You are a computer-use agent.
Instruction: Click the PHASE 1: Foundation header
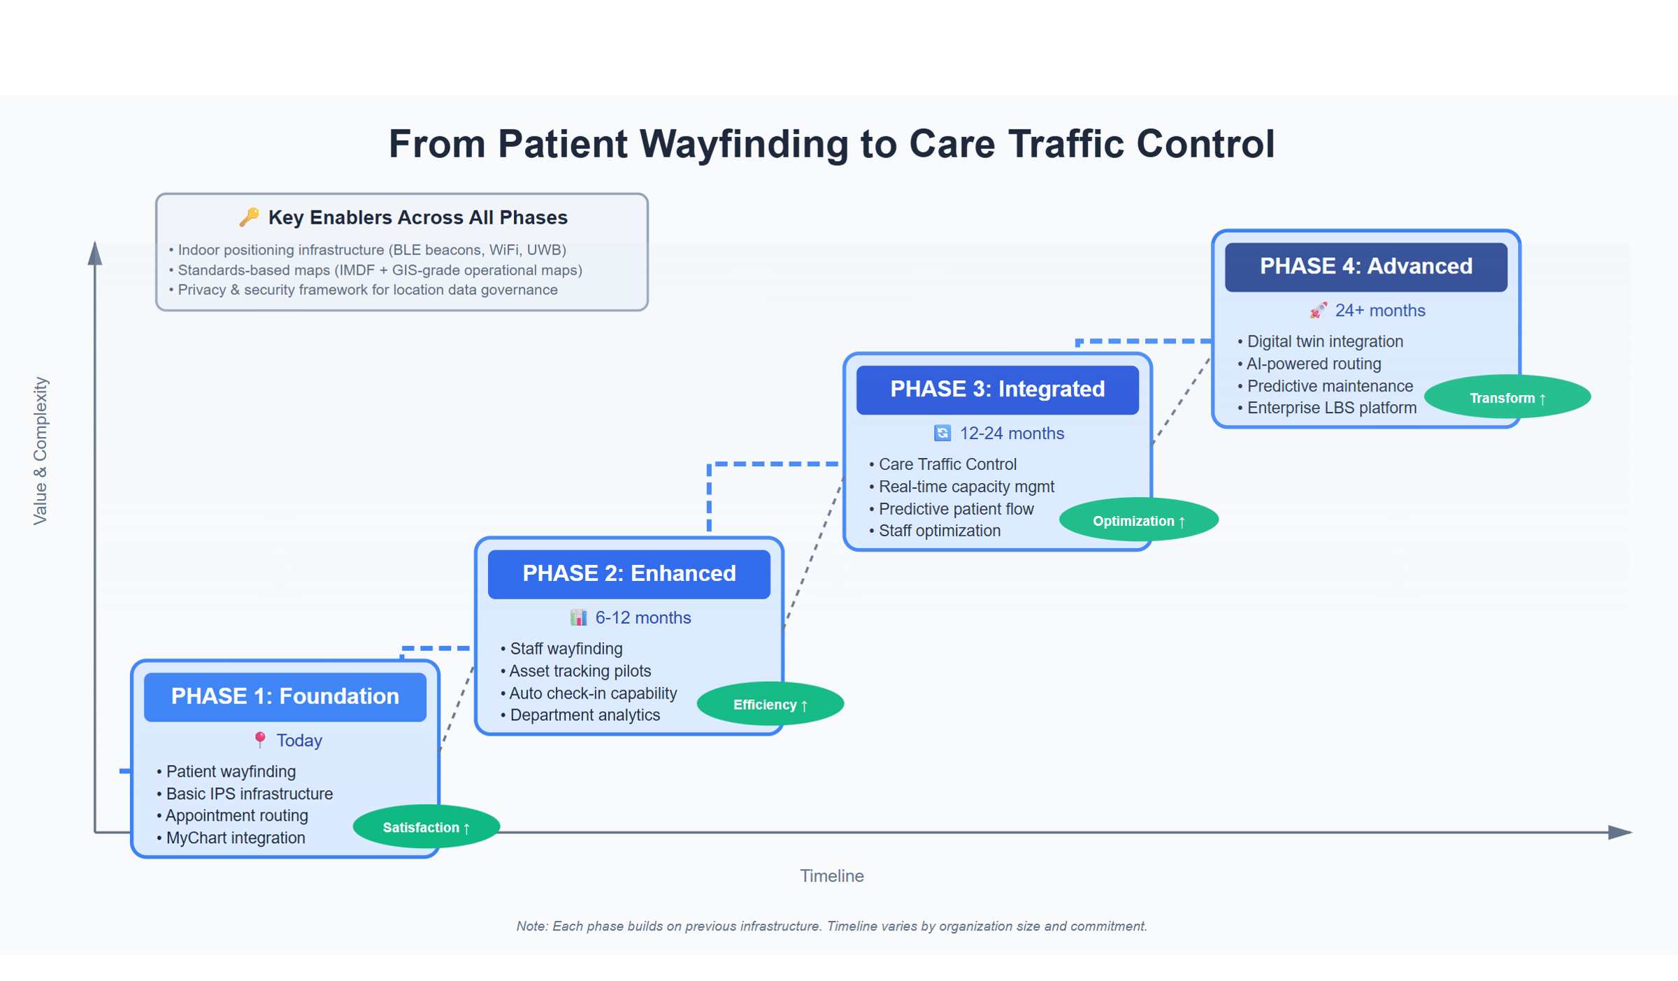click(285, 696)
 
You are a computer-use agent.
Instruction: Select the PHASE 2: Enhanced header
click(629, 573)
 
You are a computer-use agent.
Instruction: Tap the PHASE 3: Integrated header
click(997, 389)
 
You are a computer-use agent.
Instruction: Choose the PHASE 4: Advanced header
click(1365, 266)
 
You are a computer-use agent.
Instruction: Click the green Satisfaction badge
click(426, 827)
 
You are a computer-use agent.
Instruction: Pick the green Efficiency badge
click(770, 704)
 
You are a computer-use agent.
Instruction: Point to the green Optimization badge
click(1138, 521)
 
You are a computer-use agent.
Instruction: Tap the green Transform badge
click(1507, 398)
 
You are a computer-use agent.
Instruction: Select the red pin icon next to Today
click(260, 740)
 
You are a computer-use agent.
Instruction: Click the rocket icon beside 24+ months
click(1319, 310)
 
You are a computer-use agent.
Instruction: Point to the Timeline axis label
click(831, 875)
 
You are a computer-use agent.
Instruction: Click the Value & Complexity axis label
click(41, 451)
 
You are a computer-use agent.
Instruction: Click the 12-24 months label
click(1011, 434)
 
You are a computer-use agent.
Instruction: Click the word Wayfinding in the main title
click(739, 144)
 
